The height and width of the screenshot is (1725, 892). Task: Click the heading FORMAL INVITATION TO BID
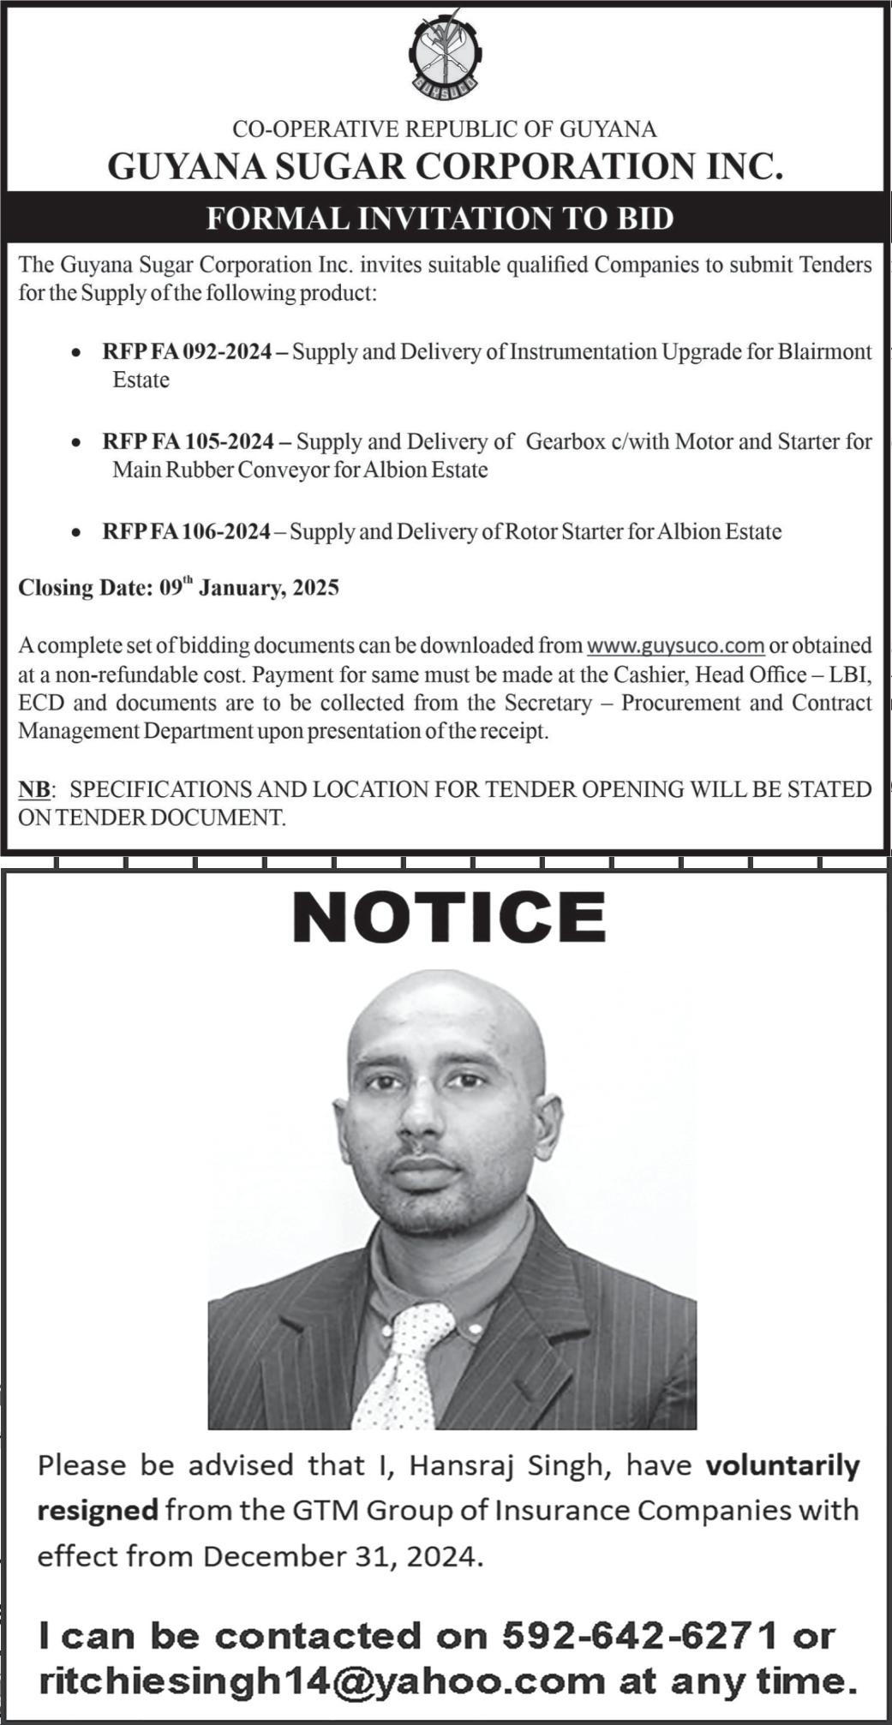(440, 219)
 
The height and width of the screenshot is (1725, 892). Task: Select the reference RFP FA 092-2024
(187, 352)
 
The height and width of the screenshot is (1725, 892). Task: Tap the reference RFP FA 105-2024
(188, 442)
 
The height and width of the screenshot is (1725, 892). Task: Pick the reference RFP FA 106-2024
(186, 532)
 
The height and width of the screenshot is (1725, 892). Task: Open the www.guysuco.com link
(675, 645)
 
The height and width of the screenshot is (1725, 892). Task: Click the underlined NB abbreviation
(34, 789)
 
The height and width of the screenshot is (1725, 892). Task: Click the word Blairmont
(824, 352)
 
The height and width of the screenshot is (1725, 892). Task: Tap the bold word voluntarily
(782, 1465)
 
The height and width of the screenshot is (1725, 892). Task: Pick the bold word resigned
(97, 1510)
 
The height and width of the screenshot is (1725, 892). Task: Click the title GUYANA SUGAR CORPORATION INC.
(446, 166)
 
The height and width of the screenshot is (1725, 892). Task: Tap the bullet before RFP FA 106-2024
(78, 533)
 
